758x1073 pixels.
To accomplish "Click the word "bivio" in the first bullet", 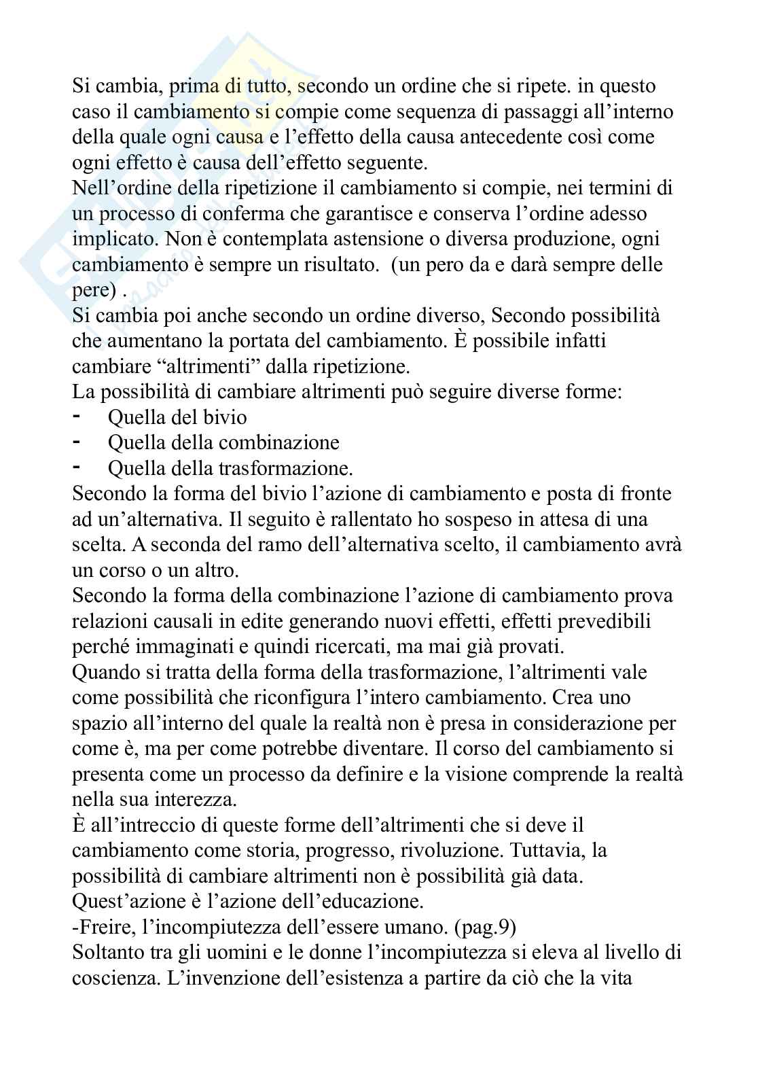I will point(225,417).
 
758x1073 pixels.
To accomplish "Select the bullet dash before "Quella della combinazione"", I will point(77,442).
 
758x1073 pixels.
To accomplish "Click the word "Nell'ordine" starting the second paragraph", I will point(120,188).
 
